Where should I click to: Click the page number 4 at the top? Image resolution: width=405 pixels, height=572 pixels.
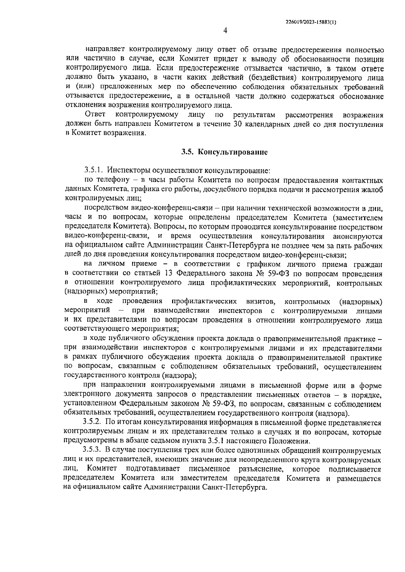click(225, 31)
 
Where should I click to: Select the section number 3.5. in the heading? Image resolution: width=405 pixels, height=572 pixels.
click(186, 152)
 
